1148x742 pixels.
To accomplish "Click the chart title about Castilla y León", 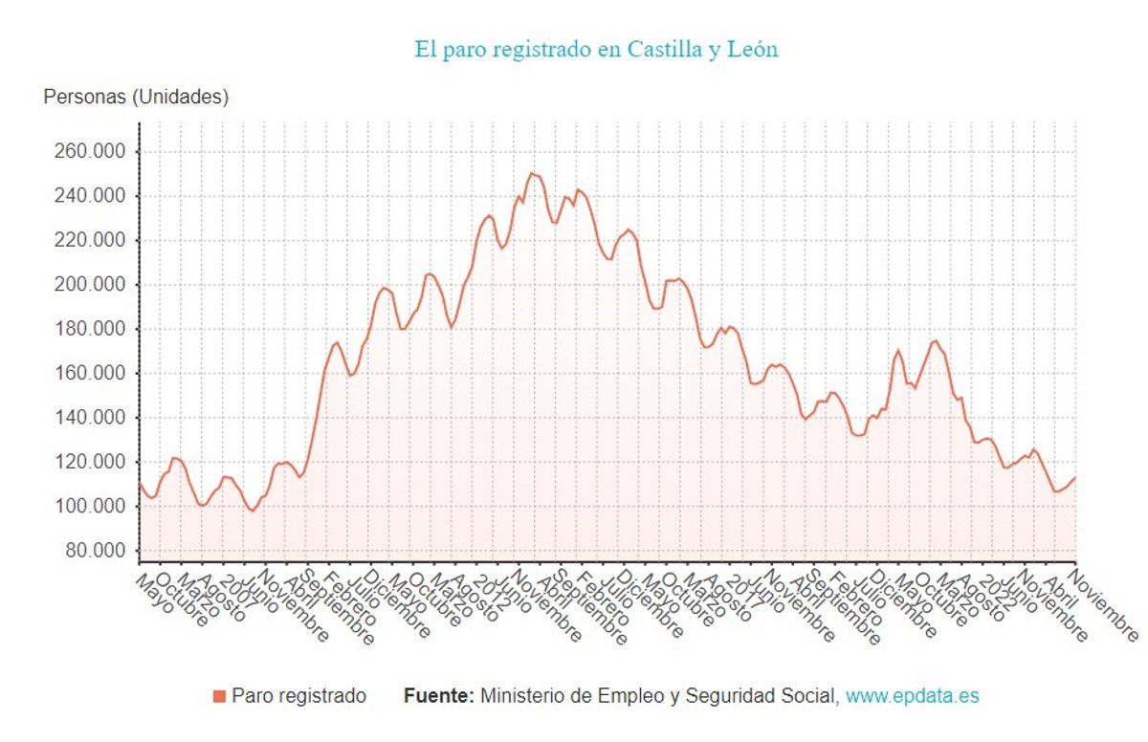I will coord(596,50).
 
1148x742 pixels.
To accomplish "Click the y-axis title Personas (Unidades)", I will coord(136,98).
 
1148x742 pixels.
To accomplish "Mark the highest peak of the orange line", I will coord(531,173).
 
